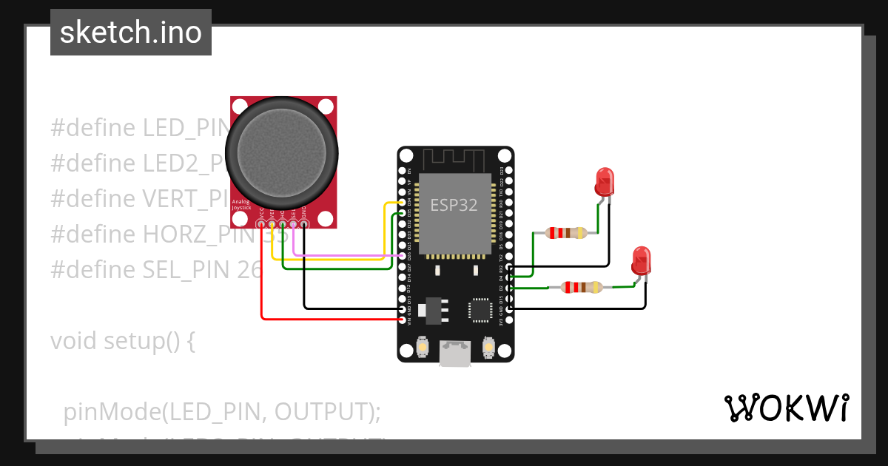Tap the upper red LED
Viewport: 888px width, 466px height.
tap(604, 181)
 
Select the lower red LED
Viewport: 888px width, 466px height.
tap(641, 260)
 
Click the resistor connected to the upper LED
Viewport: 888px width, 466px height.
tap(566, 233)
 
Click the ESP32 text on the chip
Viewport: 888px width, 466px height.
tap(454, 205)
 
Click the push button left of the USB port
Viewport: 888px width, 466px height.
tap(423, 347)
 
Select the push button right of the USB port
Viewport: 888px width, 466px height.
tap(488, 347)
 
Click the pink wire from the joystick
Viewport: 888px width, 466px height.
tap(340, 255)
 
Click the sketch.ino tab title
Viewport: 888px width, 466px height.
tap(131, 33)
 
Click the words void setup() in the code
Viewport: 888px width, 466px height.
tap(123, 342)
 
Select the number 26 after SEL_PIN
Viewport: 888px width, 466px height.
tap(250, 270)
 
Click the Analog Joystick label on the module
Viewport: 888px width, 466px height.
tap(242, 205)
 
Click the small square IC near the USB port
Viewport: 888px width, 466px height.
tap(480, 310)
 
